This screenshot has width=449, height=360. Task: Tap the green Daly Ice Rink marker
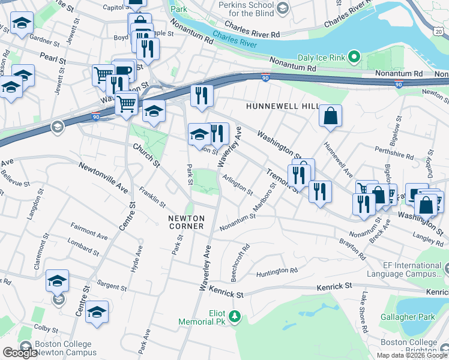tap(354, 58)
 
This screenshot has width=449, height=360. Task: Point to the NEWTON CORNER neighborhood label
tap(186, 221)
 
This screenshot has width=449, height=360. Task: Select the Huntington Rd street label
tap(277, 271)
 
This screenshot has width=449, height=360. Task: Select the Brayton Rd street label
tap(352, 248)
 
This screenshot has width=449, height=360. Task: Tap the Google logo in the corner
tap(20, 353)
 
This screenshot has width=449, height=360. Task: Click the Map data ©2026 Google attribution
tap(412, 355)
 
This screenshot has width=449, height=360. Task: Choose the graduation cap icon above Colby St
tap(97, 311)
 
